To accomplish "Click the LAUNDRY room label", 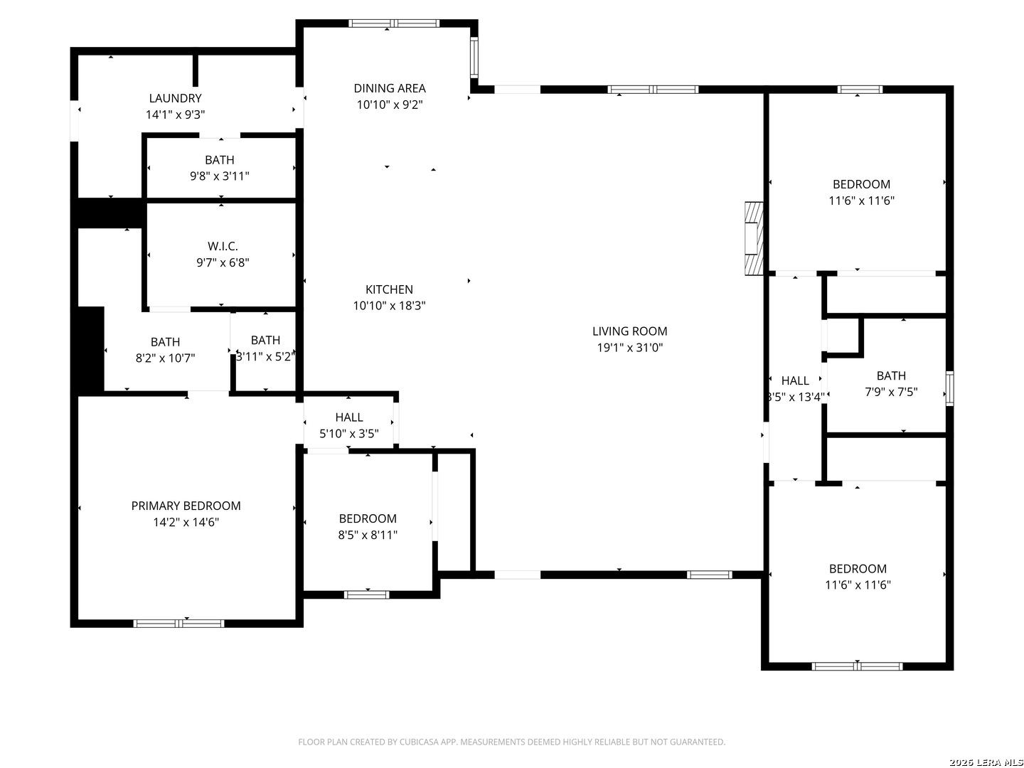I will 175,98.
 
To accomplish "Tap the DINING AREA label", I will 390,88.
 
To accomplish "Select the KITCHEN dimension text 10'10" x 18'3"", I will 389,306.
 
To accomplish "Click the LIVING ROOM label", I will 629,331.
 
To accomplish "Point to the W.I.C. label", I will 223,246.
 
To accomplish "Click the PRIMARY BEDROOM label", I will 186,506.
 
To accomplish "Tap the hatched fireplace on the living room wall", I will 753,238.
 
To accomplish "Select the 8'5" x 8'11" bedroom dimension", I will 368,535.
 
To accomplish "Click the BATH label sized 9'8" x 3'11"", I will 220,160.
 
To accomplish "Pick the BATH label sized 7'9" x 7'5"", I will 891,375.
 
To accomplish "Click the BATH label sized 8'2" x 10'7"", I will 165,342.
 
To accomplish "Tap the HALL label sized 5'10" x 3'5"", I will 349,417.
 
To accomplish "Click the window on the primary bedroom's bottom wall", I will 179,624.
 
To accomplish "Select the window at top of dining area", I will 394,23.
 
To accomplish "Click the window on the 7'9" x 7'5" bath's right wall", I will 949,388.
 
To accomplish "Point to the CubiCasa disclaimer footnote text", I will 511,742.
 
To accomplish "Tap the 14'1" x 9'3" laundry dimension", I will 175,114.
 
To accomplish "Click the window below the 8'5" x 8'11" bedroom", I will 367,594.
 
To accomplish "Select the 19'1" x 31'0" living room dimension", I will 629,348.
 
